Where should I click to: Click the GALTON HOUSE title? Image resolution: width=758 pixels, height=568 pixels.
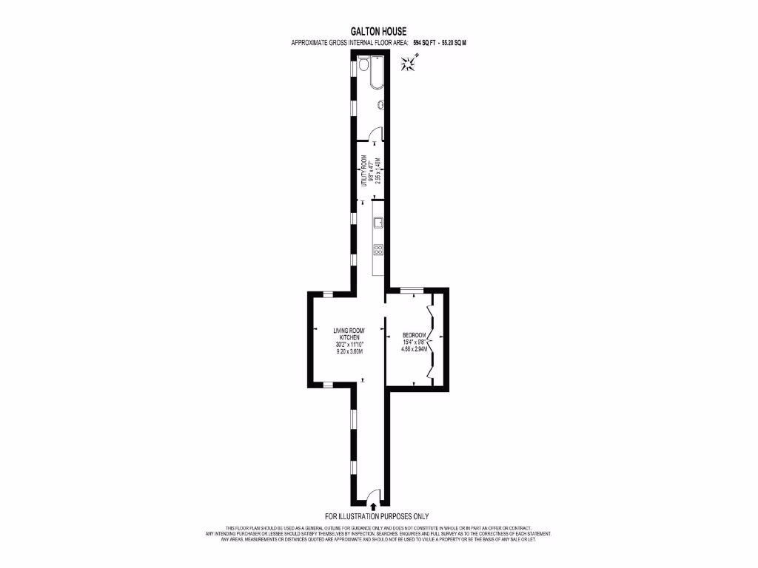point(378,32)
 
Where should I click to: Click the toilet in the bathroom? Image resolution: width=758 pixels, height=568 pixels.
point(363,67)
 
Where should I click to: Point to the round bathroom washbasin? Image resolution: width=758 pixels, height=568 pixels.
point(381,105)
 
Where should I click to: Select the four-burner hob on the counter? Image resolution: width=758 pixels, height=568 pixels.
point(378,250)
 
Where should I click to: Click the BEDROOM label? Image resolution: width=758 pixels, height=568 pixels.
point(414,334)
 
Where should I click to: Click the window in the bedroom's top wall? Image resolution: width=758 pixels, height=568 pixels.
point(412,289)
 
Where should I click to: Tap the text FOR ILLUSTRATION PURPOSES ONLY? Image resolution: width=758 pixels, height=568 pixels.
point(377,516)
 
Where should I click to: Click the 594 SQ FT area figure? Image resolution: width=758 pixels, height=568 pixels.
point(426,43)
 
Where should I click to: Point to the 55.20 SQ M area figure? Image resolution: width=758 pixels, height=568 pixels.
point(454,43)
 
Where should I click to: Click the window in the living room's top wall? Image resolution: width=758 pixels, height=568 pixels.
point(326,294)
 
